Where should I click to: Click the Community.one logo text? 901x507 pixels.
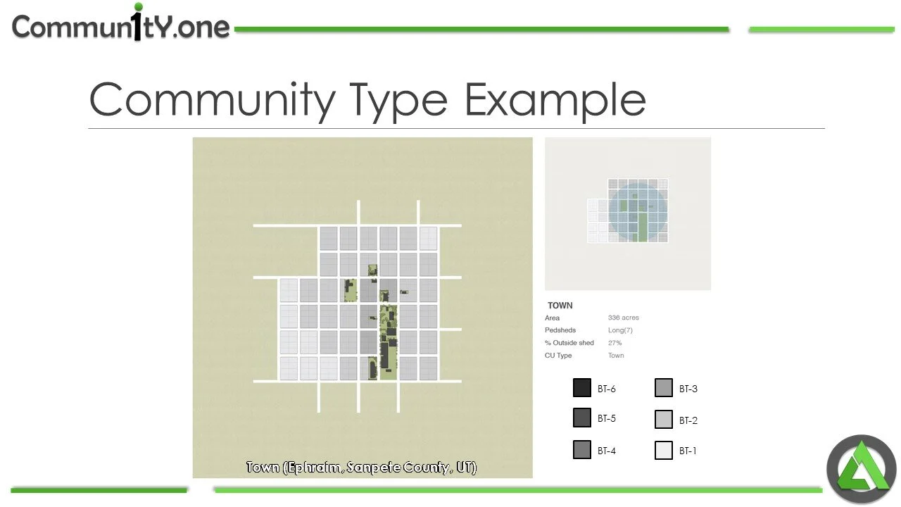point(120,26)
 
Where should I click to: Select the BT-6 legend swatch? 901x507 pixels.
point(582,388)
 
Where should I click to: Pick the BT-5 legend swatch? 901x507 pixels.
point(582,418)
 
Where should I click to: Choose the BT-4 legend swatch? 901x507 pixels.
point(582,451)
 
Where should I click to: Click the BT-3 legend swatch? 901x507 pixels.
point(664,388)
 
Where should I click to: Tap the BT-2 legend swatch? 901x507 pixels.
point(664,420)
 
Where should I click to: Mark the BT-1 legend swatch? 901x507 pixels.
point(664,451)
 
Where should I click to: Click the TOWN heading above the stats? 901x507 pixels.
point(560,306)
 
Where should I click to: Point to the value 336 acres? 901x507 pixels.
point(624,318)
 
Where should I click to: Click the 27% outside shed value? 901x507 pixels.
point(615,343)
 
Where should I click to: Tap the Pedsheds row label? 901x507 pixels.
point(560,330)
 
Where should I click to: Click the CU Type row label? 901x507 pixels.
point(558,356)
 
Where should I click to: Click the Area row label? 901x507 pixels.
point(552,318)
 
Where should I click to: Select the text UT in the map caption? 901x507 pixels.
point(465,468)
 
